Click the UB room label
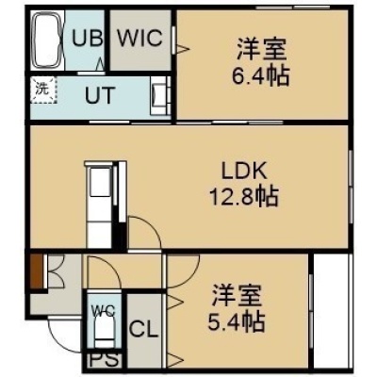click(87, 39)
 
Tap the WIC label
click(140, 39)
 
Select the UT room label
click(100, 95)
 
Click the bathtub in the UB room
click(46, 41)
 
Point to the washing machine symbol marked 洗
click(44, 90)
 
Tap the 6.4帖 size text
click(260, 76)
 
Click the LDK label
click(244, 172)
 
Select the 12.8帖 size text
click(244, 197)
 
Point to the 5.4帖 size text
click(236, 322)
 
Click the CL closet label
click(143, 330)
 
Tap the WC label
click(104, 312)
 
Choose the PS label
click(104, 360)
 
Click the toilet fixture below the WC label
click(105, 333)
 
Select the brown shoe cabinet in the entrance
click(37, 270)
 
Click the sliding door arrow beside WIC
click(182, 49)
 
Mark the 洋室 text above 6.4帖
click(261, 49)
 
